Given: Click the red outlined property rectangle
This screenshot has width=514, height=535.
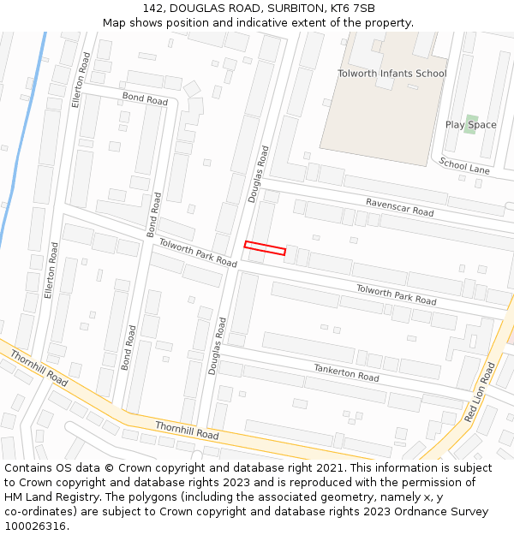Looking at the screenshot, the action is [x=265, y=248].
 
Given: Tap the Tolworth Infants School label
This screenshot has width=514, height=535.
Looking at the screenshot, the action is [x=391, y=74].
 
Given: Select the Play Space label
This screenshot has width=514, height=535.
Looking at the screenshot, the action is [x=470, y=125].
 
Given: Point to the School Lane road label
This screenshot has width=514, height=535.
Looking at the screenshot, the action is [x=464, y=166].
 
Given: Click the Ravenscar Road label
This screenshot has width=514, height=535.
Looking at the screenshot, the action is [x=399, y=206].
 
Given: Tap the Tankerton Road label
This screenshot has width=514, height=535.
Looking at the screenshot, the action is [x=346, y=372].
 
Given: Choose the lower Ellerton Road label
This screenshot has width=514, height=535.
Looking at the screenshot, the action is [x=52, y=270].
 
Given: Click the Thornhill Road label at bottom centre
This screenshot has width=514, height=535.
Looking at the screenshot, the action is [x=187, y=431].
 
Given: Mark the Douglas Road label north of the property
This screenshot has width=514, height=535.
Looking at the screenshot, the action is [x=258, y=174].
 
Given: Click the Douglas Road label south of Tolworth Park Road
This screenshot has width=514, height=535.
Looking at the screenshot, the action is [x=218, y=346].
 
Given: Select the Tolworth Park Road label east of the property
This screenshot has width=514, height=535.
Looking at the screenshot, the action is [x=396, y=294].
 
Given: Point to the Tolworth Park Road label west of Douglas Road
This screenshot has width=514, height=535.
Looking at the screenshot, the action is [x=197, y=253].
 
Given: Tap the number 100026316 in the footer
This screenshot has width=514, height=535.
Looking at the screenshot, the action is [x=35, y=526].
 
